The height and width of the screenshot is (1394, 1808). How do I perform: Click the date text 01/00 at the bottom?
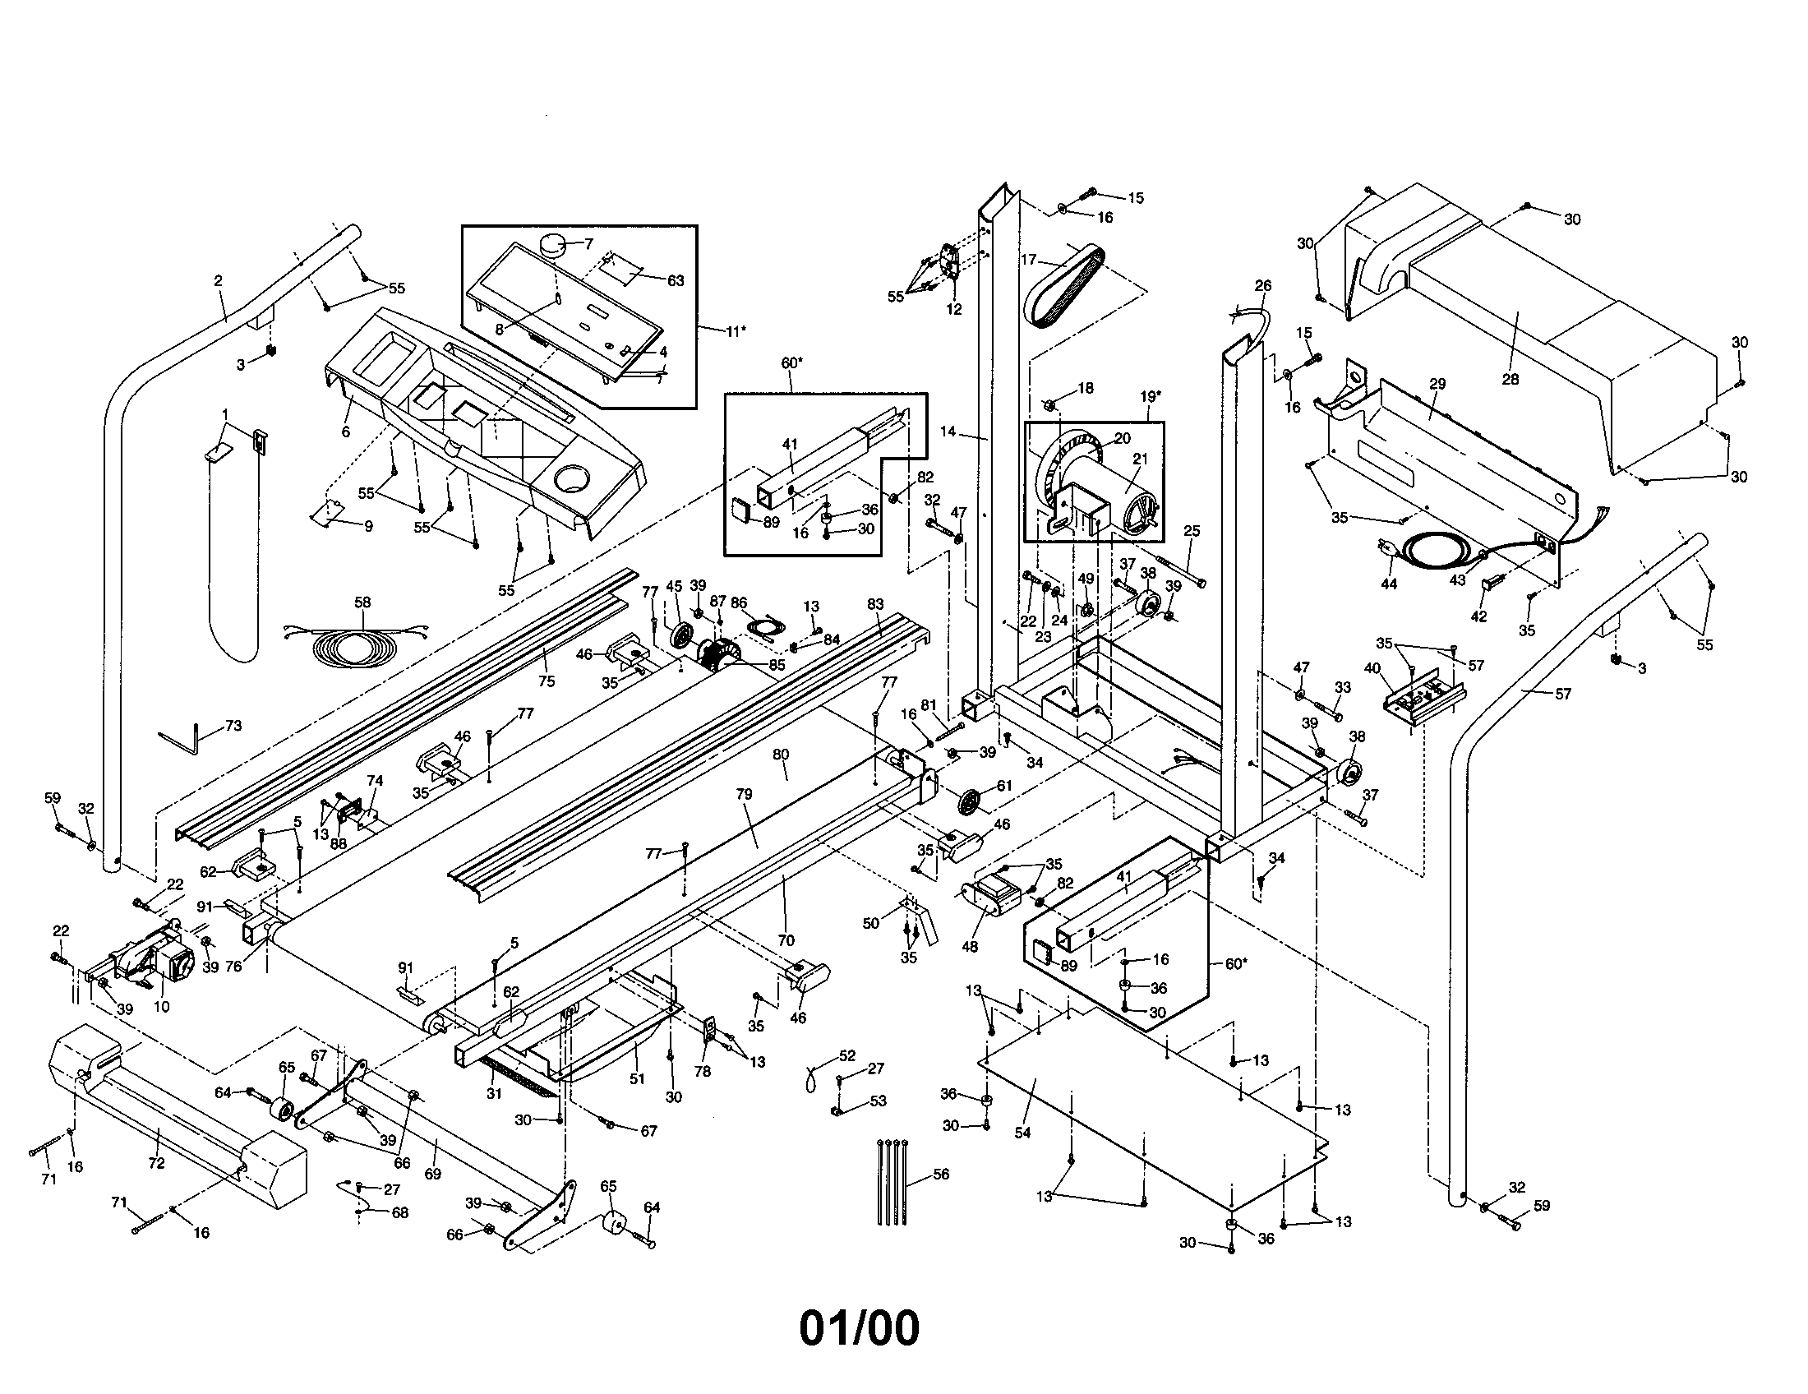click(859, 1328)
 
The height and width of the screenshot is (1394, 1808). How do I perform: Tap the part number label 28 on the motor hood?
click(1510, 379)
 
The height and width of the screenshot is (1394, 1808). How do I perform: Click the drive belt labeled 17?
click(1063, 285)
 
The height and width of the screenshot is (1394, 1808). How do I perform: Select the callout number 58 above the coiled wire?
click(362, 602)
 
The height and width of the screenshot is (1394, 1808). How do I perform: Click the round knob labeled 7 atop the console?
click(553, 244)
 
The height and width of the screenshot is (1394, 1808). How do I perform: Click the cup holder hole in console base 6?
click(571, 478)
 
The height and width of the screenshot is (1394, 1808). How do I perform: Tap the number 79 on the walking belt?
click(744, 794)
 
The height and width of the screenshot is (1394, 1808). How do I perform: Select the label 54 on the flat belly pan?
click(1022, 1133)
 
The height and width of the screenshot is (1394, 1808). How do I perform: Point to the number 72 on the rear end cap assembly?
click(155, 1163)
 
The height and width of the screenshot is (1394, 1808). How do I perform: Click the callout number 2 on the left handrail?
click(218, 280)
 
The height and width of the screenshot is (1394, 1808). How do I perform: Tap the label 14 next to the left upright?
click(948, 432)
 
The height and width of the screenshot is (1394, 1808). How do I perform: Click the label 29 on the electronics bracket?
click(1437, 384)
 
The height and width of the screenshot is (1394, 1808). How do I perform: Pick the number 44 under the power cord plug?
click(1389, 584)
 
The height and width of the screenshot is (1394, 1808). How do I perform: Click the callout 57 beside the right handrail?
click(1562, 694)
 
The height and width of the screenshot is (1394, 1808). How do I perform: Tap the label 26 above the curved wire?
click(1262, 285)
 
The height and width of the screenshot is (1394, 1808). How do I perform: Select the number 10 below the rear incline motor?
click(161, 1007)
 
